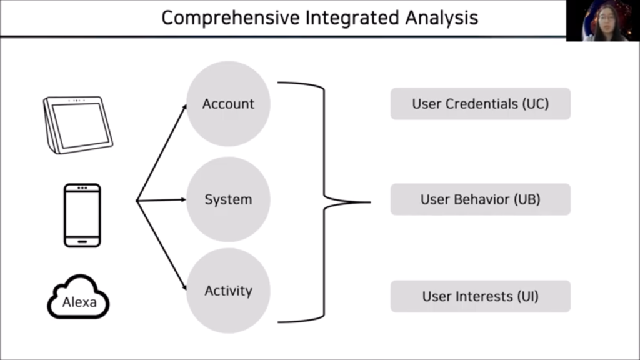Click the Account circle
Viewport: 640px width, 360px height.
(228, 104)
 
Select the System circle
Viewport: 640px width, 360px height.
(228, 199)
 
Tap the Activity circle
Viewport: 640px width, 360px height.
(228, 291)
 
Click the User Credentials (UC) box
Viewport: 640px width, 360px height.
(481, 104)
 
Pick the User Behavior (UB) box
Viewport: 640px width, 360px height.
(481, 199)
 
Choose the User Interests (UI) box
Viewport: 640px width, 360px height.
(481, 296)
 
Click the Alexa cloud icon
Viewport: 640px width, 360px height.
(78, 297)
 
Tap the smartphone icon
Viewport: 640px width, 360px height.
(82, 216)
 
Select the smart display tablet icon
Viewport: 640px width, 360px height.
(78, 125)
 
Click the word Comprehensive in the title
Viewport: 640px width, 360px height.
(231, 18)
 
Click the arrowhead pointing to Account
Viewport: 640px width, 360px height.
(184, 107)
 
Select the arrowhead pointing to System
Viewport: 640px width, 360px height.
(183, 199)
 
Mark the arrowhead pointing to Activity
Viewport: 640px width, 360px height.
(184, 287)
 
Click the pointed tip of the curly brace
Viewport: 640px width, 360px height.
(370, 202)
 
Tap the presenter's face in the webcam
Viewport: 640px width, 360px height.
(606, 19)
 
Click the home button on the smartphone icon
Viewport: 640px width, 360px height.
(82, 242)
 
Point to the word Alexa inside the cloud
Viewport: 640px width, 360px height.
(79, 302)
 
